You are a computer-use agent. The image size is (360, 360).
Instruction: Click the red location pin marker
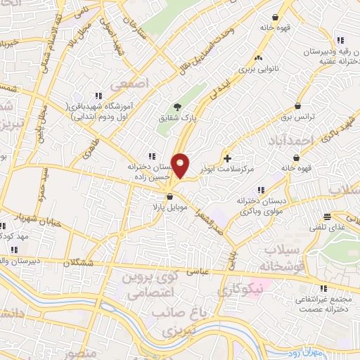(x=181, y=165)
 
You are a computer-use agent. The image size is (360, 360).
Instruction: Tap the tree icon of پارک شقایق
(x=176, y=108)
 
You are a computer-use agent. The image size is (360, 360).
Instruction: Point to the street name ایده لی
(x=214, y=90)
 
